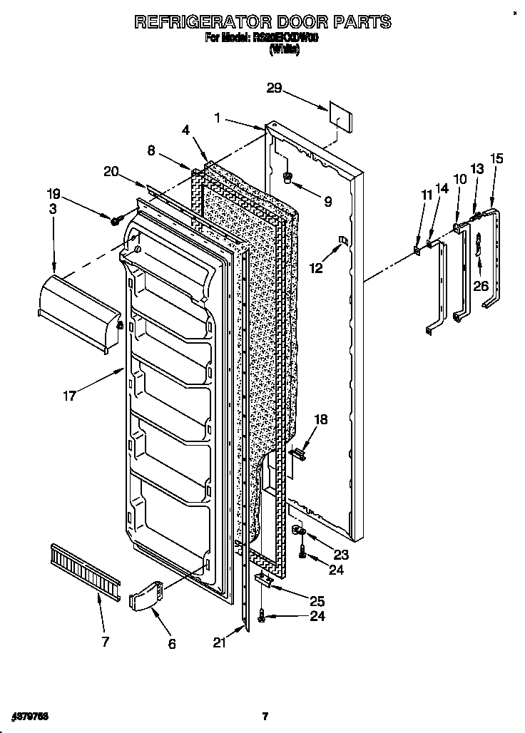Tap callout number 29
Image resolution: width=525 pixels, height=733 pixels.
point(274,88)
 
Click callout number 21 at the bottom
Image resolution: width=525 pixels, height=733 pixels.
point(219,642)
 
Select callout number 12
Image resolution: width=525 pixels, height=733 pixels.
point(315,268)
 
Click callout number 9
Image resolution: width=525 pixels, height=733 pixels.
point(327,202)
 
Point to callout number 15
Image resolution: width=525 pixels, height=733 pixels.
point(496,158)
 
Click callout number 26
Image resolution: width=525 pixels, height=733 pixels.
point(481,285)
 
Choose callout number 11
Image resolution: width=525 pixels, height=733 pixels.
point(427,195)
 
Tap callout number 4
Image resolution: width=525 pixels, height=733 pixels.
point(185,130)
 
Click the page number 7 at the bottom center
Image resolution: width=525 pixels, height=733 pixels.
point(265,716)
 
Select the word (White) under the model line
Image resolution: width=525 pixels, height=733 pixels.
point(284,51)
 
